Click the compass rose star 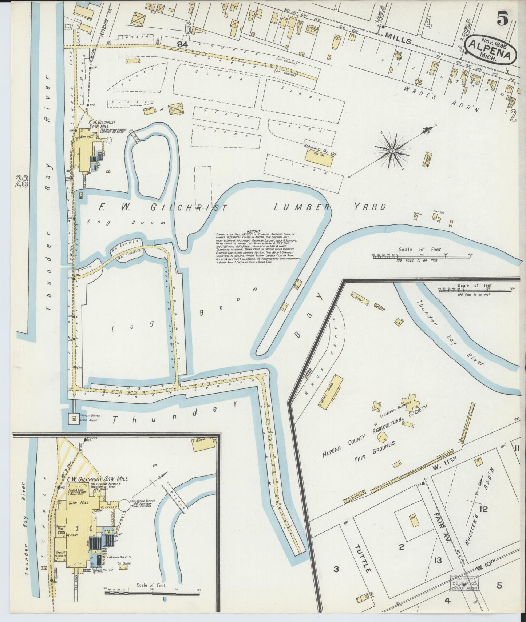pyautogui.click(x=393, y=151)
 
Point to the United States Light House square pyautogui.click(x=74, y=419)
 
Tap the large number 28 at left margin pyautogui.click(x=21, y=181)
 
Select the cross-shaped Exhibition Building pyautogui.click(x=409, y=400)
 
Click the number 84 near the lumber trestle pyautogui.click(x=182, y=44)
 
